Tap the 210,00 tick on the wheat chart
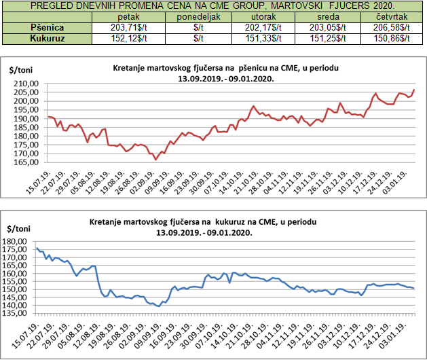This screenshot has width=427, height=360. click(x=26, y=84)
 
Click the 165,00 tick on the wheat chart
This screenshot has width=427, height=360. click(x=26, y=162)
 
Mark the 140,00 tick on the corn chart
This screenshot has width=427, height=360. click(x=26, y=306)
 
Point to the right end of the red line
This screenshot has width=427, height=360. click(x=414, y=90)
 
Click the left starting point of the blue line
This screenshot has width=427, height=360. click(x=37, y=248)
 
